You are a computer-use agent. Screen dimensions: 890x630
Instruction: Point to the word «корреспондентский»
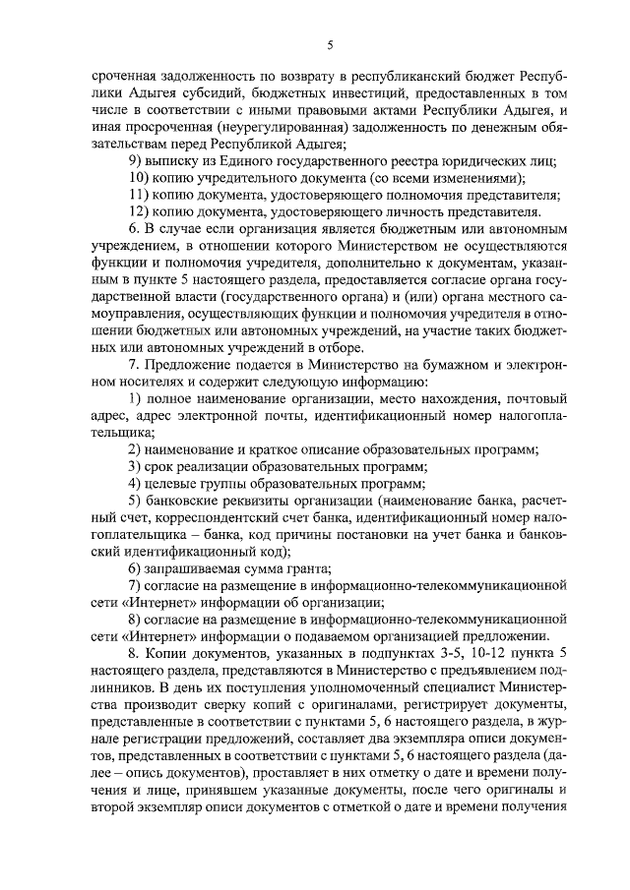click(222, 522)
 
